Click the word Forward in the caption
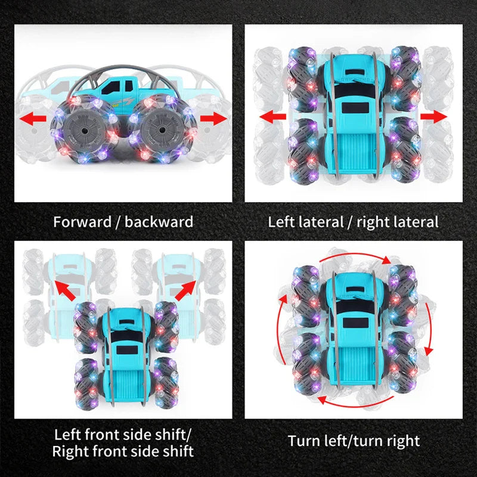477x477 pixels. pos(82,222)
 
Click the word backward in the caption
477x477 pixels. pos(159,222)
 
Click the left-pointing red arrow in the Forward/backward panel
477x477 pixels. pos(33,119)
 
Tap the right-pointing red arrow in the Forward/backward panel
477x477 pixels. pos(213,119)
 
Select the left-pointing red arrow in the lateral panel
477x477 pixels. pos(273,117)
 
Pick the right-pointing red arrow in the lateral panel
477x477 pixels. pos(433,117)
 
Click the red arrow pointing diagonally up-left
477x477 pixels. pos(65,290)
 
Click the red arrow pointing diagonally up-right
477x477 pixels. pos(185,290)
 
